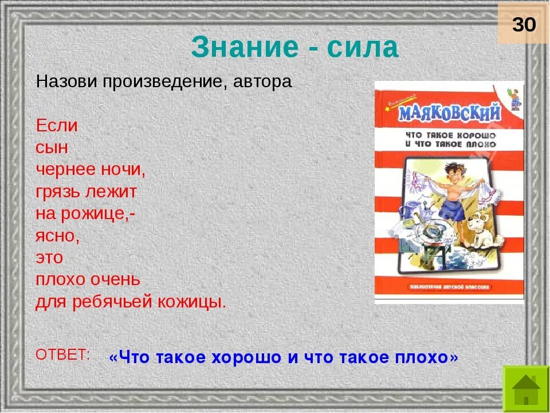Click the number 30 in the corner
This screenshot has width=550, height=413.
click(x=524, y=25)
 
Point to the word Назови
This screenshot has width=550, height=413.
click(x=68, y=82)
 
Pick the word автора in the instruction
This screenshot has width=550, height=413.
click(x=262, y=82)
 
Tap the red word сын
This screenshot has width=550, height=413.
click(x=52, y=147)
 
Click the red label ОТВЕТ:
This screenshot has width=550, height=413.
click(x=63, y=354)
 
